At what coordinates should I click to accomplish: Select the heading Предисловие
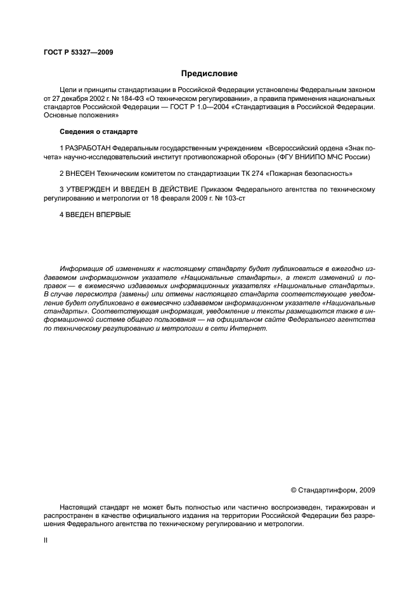pos(209,74)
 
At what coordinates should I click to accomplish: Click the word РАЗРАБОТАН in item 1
pos(87,147)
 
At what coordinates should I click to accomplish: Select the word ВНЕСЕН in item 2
pos(81,173)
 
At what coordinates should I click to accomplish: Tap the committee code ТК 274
pos(255,173)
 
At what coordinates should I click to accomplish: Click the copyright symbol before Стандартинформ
pos(293,490)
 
